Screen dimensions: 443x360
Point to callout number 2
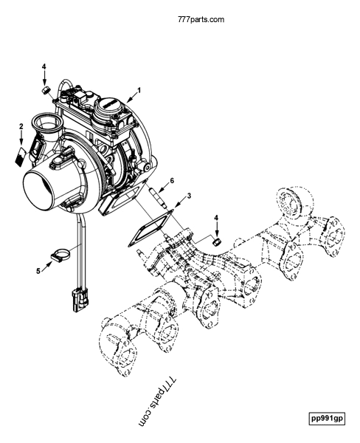click(x=21, y=127)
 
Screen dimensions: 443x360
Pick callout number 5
click(x=38, y=269)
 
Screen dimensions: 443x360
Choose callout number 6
click(x=172, y=179)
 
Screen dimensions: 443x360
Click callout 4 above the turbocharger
click(x=44, y=67)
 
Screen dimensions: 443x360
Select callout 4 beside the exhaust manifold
click(x=216, y=218)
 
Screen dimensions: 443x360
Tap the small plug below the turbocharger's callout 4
click(x=44, y=89)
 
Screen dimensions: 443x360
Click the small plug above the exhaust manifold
click(x=217, y=241)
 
